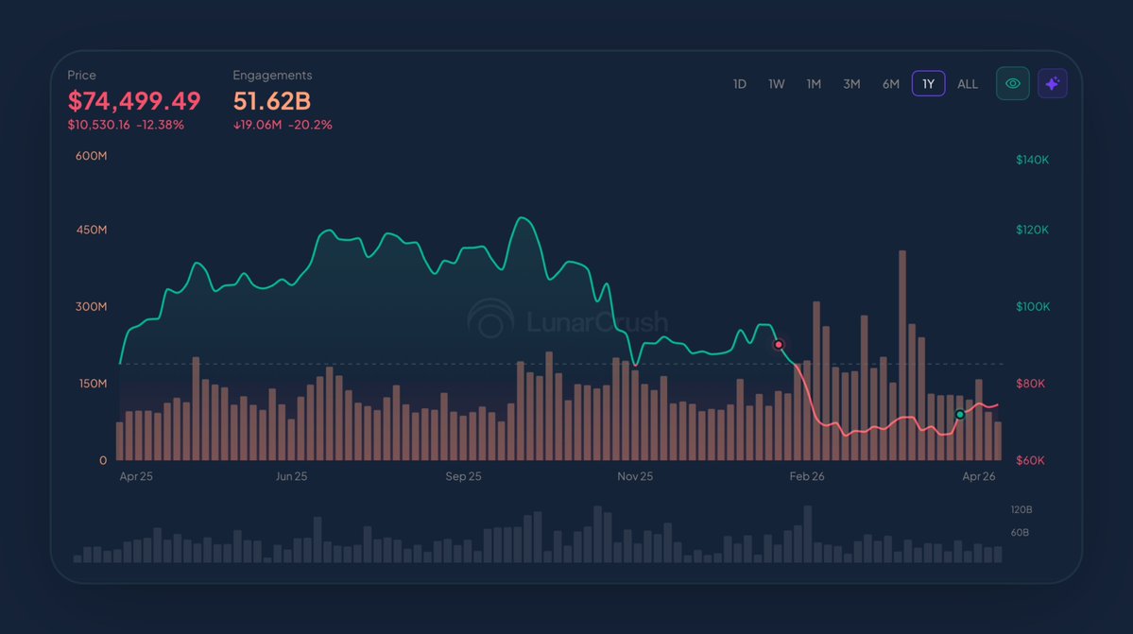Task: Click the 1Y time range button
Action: tap(928, 84)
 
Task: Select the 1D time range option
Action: tap(740, 84)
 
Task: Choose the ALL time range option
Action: tap(968, 84)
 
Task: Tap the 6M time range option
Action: tap(890, 84)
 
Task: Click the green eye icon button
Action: tap(1013, 84)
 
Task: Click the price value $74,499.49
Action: tap(134, 101)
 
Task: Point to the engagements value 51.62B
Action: tap(272, 101)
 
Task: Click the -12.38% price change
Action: tap(161, 125)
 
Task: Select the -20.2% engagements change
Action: tap(313, 125)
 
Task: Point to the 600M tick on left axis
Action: tap(92, 156)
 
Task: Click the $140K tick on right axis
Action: tap(1032, 161)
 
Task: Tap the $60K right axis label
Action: tap(1030, 461)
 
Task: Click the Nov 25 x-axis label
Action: tap(635, 477)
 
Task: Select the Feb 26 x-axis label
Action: tap(807, 477)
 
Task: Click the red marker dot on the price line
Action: tap(779, 345)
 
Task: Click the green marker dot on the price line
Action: tap(960, 415)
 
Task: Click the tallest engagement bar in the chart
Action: tap(902, 355)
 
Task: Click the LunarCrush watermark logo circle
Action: tap(490, 321)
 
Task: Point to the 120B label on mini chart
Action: tap(1021, 510)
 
